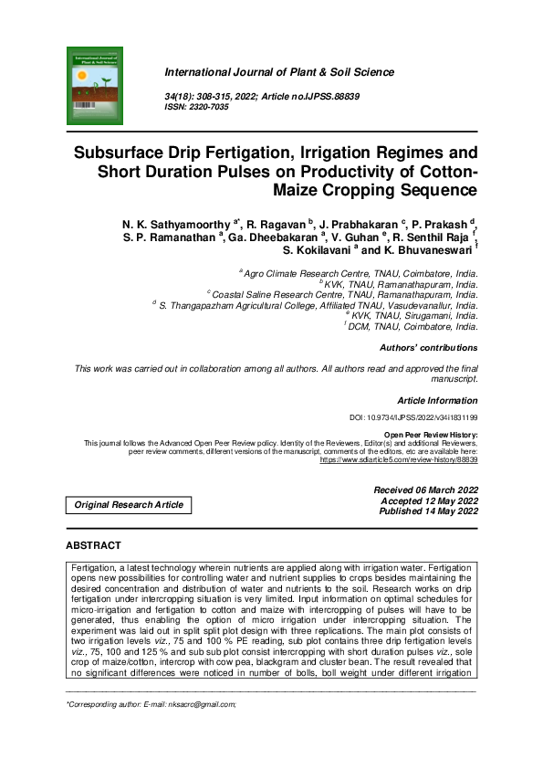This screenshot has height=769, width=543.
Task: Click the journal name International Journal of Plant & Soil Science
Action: point(278,72)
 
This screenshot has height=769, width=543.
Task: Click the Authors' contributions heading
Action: point(415,348)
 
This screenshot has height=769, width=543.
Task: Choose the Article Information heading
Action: point(437,401)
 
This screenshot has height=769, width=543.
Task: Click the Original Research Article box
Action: point(129,505)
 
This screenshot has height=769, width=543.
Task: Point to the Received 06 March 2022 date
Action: point(425,490)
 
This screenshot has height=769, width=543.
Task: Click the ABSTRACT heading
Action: point(93,545)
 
